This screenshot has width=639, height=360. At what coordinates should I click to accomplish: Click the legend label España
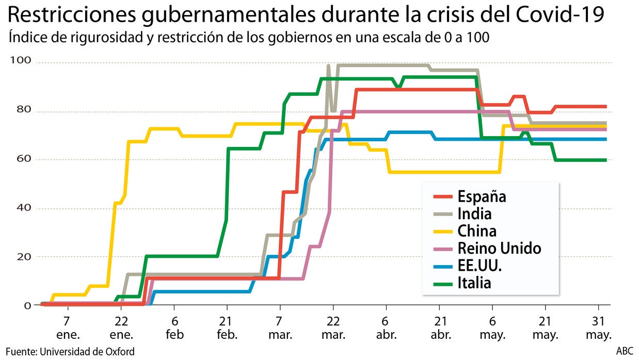[x=481, y=197]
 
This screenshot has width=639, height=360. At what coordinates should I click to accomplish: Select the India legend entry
[x=474, y=214]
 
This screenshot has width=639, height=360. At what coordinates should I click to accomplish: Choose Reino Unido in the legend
[x=499, y=248]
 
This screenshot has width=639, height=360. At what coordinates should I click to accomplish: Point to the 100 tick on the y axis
[x=21, y=61]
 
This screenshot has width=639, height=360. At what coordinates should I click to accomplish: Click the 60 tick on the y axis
[x=24, y=159]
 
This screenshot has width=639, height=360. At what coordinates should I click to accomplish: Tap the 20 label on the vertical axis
[x=24, y=256]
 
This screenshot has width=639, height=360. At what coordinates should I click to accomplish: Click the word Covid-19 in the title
[x=560, y=15]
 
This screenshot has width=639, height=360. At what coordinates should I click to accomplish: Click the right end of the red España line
[x=605, y=107]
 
